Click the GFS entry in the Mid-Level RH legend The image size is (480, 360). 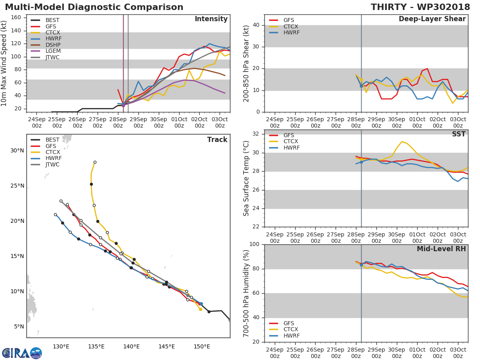point(288,323)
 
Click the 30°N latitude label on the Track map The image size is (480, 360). point(17,151)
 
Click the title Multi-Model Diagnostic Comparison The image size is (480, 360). point(94,7)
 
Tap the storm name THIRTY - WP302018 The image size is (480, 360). point(420,7)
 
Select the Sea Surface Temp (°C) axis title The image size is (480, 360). point(246,179)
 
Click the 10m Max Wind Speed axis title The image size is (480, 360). point(4,63)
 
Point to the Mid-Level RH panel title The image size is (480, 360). point(441,249)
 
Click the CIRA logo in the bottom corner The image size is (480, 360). point(22,353)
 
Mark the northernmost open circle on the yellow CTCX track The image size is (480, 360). point(95,162)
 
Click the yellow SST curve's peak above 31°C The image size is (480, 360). point(402,142)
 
